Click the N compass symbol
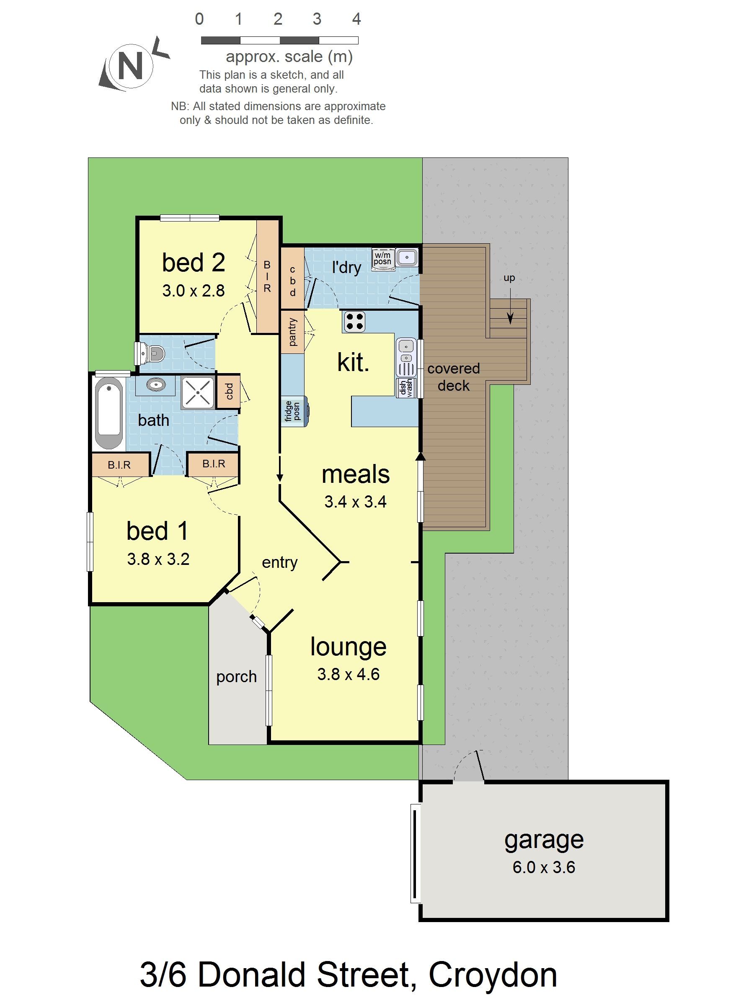click(x=130, y=65)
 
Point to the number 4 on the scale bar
click(x=356, y=19)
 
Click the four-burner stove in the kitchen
click(x=354, y=321)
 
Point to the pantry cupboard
click(x=292, y=331)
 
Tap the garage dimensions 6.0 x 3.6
click(x=544, y=867)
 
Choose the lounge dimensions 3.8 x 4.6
click(x=348, y=674)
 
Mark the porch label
click(x=236, y=677)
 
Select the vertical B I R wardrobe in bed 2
click(x=267, y=276)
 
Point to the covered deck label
click(x=454, y=376)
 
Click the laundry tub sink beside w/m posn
click(x=406, y=258)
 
